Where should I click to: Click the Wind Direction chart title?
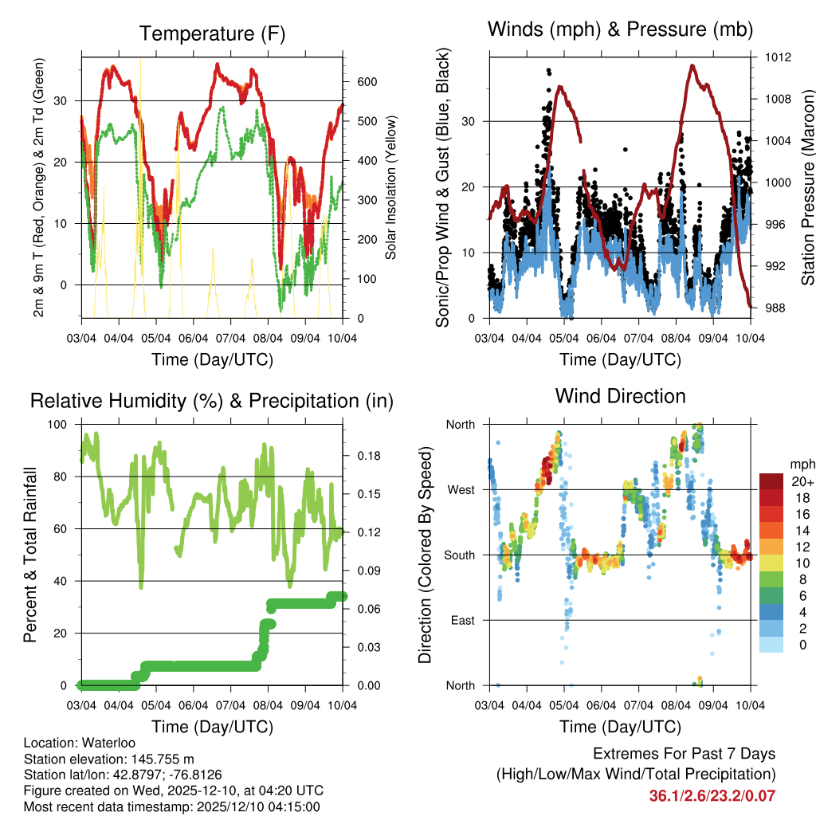click(x=620, y=396)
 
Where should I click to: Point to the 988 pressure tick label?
click(x=777, y=308)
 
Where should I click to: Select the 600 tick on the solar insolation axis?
click(x=367, y=82)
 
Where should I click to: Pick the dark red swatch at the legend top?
click(x=771, y=482)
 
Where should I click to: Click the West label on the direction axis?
click(x=460, y=489)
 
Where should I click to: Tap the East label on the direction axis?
click(x=461, y=620)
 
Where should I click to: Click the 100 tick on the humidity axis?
click(x=59, y=425)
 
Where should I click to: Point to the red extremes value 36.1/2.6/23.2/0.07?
click(x=712, y=796)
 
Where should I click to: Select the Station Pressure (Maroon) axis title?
click(x=807, y=182)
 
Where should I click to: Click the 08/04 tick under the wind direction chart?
click(x=676, y=705)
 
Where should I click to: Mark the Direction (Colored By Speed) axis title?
click(x=426, y=555)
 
